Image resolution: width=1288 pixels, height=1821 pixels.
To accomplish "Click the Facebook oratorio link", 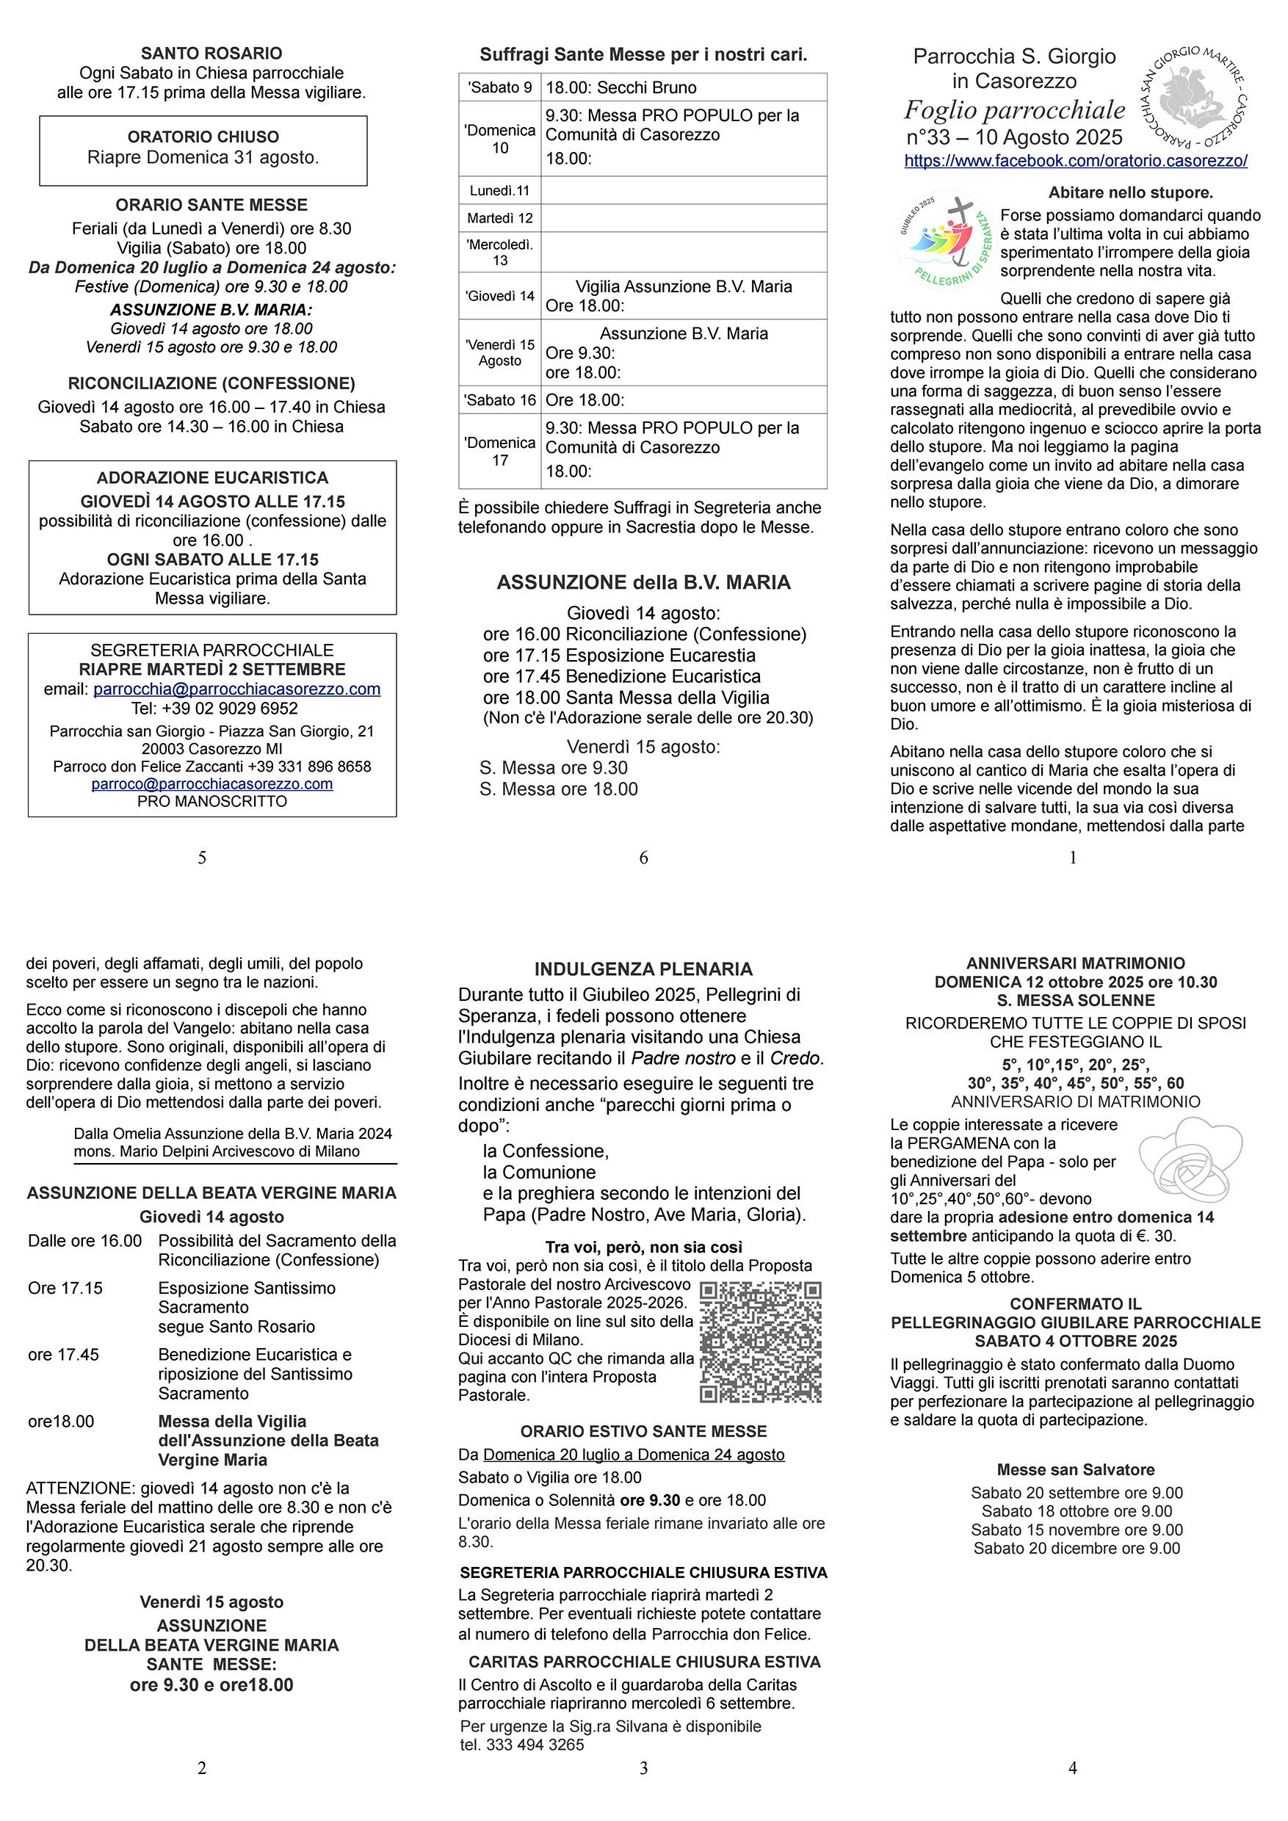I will click(1076, 160).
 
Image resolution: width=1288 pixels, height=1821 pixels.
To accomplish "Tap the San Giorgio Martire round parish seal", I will click(1192, 98).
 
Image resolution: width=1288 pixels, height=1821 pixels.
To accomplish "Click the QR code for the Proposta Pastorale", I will click(761, 1342).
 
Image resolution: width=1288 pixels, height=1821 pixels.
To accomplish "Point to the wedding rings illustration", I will click(1190, 1159).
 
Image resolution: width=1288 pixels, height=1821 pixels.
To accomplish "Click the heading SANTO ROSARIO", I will click(211, 53).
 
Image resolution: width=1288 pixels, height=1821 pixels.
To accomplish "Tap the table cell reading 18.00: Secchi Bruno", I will click(621, 87).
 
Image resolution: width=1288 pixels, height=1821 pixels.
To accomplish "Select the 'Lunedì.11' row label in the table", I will click(499, 190).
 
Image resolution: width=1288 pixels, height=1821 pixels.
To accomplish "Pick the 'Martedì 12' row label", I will click(499, 218).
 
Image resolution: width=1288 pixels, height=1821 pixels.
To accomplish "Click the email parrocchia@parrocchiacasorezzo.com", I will click(236, 689).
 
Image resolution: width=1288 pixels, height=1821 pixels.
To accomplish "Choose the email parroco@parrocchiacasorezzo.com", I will click(211, 783).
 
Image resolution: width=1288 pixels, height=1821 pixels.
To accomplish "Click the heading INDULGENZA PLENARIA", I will click(643, 969).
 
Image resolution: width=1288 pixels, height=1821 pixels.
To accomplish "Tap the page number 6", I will click(643, 858).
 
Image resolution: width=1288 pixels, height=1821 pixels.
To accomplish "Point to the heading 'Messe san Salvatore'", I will click(1076, 1469).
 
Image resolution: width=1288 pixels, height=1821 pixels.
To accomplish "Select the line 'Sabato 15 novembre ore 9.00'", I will click(1077, 1530).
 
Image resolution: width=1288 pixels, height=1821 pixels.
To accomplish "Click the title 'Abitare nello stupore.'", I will click(1130, 192).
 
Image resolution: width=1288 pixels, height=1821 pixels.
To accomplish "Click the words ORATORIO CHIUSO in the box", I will click(203, 137).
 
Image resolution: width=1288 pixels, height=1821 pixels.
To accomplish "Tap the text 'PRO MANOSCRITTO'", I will click(211, 801).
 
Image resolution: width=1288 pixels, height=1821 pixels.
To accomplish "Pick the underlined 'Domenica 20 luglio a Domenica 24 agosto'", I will click(634, 1455).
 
